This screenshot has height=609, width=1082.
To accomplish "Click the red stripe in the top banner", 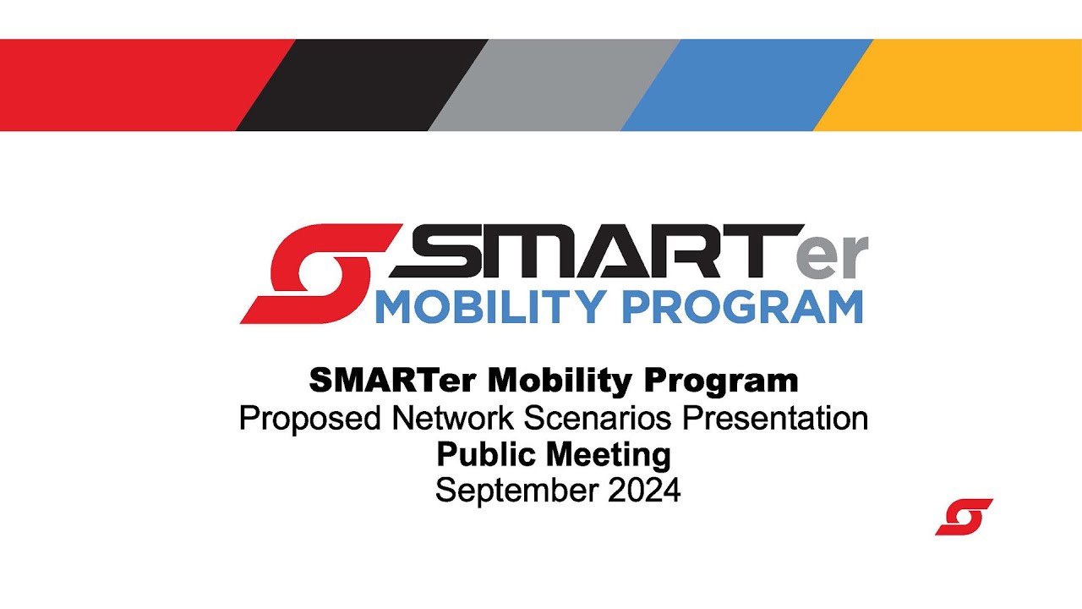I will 127,85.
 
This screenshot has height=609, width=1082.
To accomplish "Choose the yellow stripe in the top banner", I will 955,85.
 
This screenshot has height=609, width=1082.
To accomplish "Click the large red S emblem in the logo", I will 317,273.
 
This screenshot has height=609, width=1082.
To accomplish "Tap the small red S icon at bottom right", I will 964,517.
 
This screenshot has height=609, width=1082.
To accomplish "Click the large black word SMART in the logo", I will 592,251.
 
